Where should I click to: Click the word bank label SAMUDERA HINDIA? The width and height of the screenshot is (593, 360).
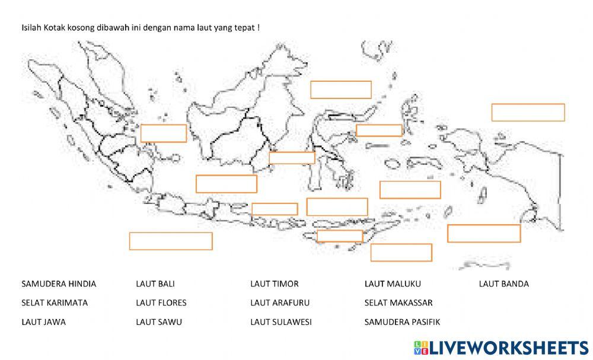coord(59,284)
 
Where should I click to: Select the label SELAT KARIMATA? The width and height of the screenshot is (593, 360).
coord(55,303)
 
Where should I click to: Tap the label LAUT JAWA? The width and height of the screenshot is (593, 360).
coord(43,322)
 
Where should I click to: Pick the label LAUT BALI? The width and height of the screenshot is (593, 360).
coord(155,284)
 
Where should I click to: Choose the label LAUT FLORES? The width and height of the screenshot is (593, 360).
coord(161,303)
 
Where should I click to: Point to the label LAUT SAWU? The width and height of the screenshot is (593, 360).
coord(159,322)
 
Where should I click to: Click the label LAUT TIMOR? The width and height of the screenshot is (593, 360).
coord(275,284)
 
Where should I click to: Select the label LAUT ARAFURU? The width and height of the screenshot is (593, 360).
coord(280,303)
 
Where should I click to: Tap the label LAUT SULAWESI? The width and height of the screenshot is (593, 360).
coord(281,322)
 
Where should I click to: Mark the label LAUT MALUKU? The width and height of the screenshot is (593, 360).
coord(393,284)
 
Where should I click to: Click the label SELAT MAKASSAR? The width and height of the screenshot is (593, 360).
coord(398,303)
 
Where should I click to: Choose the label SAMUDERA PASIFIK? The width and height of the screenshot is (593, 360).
coord(403,322)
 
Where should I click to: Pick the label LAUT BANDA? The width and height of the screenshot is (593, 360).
coord(504,284)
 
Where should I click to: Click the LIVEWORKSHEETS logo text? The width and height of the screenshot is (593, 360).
coord(509,347)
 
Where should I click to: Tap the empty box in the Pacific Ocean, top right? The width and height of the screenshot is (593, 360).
coord(528,112)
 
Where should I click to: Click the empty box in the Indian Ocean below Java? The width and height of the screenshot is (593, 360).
coord(171,241)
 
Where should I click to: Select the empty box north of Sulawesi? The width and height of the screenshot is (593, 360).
coord(341,90)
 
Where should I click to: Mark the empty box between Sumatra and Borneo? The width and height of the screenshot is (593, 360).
coord(164,133)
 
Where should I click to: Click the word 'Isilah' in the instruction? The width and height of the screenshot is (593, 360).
coord(31,28)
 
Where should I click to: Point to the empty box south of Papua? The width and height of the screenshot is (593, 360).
coord(484,233)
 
